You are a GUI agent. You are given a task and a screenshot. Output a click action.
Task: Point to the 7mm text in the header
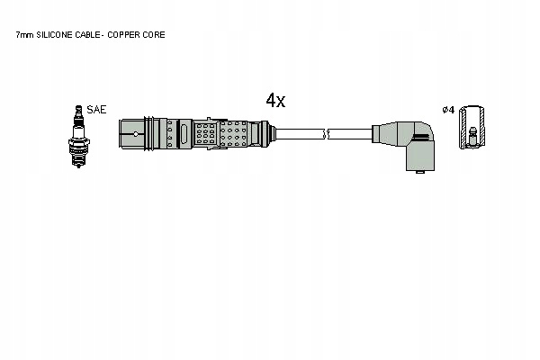pyautogui.click(x=25, y=34)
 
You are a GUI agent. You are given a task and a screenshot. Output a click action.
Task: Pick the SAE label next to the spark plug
pyautogui.click(x=96, y=109)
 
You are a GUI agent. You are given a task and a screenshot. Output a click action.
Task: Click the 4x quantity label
pyautogui.click(x=274, y=101)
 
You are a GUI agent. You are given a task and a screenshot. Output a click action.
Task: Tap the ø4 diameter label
pyautogui.click(x=448, y=109)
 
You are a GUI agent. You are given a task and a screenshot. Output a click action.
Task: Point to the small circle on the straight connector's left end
pyautogui.click(x=135, y=135)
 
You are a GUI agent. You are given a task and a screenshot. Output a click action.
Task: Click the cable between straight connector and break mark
pyautogui.click(x=297, y=134)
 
